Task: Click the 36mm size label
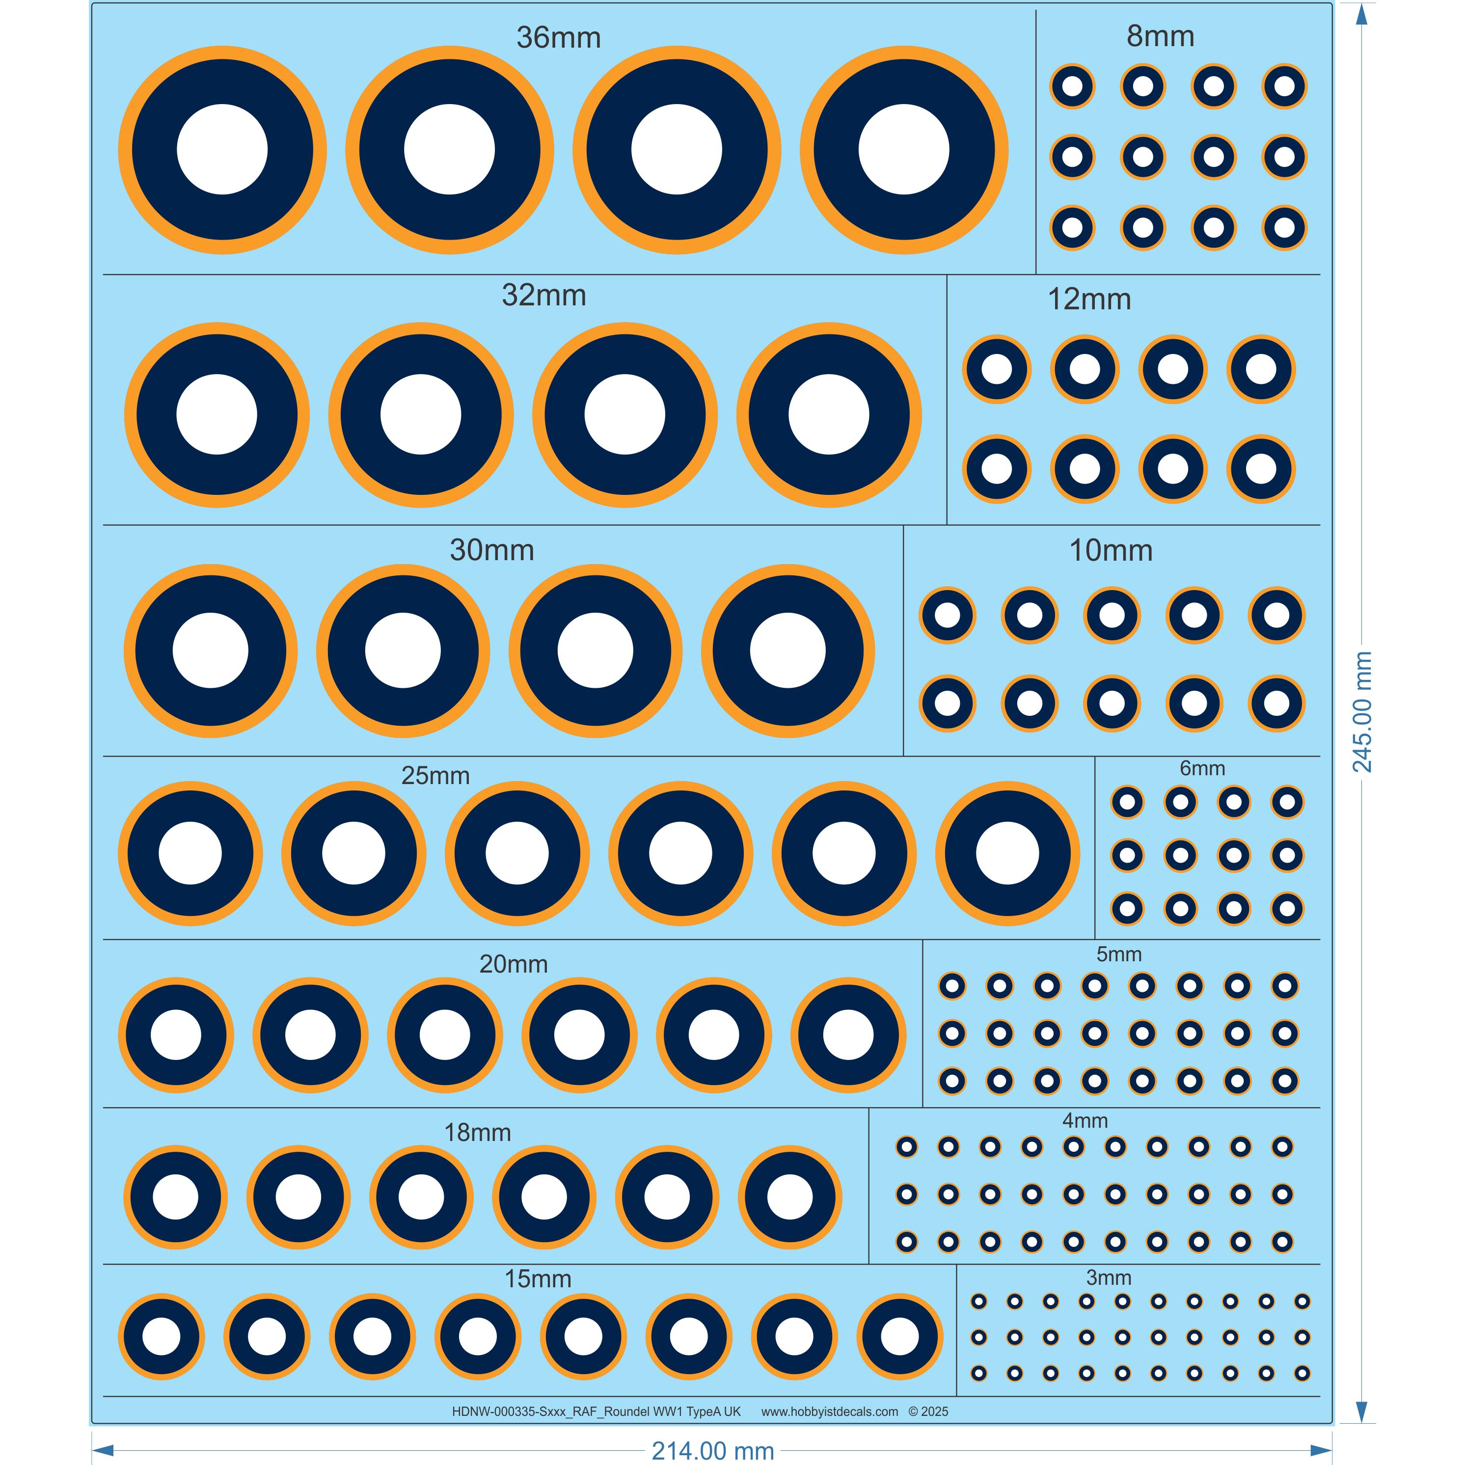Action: tap(558, 38)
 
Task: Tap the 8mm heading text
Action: tap(1160, 36)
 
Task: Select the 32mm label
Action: tap(543, 295)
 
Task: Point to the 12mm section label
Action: tap(1089, 299)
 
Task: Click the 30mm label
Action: tap(491, 550)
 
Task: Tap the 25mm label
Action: tap(435, 776)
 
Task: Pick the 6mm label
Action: tap(1202, 768)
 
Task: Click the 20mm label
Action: tap(514, 964)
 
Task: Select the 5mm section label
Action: tap(1118, 954)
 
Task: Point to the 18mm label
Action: tap(477, 1132)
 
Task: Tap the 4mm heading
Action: tap(1085, 1120)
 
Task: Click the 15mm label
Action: tap(538, 1278)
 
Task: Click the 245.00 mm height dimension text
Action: tap(1362, 711)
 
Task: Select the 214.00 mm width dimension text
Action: tap(713, 1451)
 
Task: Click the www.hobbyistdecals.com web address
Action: tap(830, 1411)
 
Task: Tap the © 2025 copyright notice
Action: tap(928, 1411)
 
